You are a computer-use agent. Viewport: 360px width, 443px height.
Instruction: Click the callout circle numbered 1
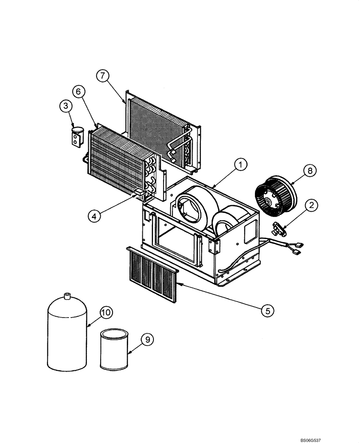click(x=240, y=165)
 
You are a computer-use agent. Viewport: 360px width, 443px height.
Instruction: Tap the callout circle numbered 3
click(x=66, y=106)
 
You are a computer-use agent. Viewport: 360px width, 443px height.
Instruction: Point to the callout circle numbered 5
click(x=267, y=311)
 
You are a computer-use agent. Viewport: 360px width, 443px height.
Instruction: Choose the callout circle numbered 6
click(x=78, y=92)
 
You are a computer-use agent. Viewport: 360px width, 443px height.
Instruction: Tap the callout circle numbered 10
click(x=106, y=312)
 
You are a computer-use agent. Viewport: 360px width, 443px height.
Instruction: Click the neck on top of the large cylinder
click(x=67, y=295)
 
